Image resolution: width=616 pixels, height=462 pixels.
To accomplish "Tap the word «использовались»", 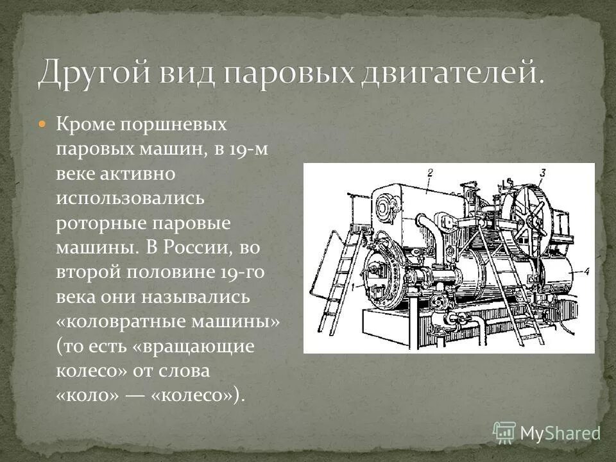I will point(130,198).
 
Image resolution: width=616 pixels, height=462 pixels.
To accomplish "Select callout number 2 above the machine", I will point(431,171).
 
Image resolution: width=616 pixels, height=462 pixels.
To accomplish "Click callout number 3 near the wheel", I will point(543,171).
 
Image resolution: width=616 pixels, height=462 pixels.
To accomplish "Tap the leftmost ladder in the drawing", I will point(337,282).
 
